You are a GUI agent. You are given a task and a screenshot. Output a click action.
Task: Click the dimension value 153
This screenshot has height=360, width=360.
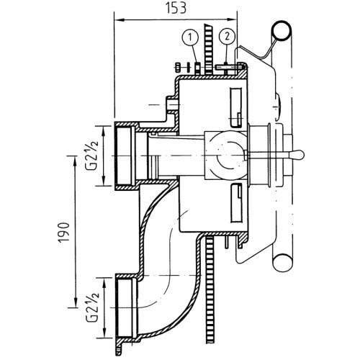[x=176, y=8]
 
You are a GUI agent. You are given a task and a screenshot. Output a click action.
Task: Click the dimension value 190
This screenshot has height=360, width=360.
[x=64, y=233]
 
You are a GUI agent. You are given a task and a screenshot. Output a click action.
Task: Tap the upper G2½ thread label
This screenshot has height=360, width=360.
[x=91, y=155]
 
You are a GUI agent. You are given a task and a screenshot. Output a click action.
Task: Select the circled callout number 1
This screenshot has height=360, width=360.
[x=190, y=37]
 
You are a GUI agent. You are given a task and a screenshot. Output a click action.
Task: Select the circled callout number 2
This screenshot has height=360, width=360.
[x=227, y=37]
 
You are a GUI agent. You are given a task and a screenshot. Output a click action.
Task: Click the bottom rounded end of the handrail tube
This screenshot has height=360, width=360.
[x=282, y=263]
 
